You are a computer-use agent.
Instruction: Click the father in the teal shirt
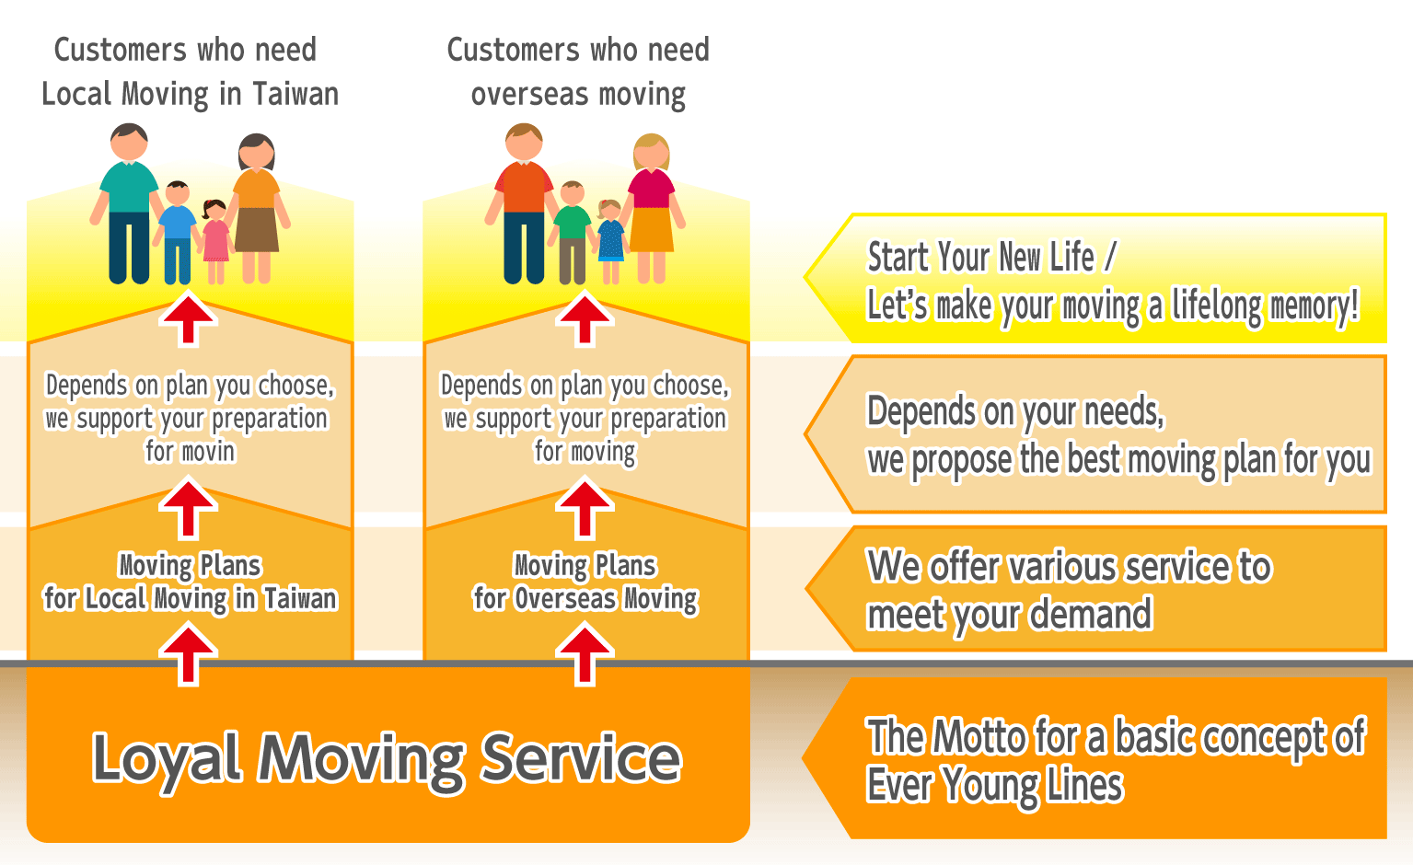click(x=129, y=202)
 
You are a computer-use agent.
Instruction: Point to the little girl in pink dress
click(x=215, y=239)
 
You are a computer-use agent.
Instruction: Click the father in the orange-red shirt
click(x=523, y=202)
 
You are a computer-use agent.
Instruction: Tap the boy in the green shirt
click(x=573, y=230)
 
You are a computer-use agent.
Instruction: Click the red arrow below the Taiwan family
click(x=189, y=318)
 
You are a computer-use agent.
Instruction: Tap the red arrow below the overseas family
click(x=585, y=318)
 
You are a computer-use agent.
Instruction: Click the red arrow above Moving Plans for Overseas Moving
click(x=585, y=509)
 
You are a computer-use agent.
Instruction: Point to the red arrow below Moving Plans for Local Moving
click(x=189, y=653)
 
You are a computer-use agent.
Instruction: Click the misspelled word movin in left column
click(x=208, y=452)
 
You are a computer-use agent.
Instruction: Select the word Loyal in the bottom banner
click(x=166, y=759)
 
